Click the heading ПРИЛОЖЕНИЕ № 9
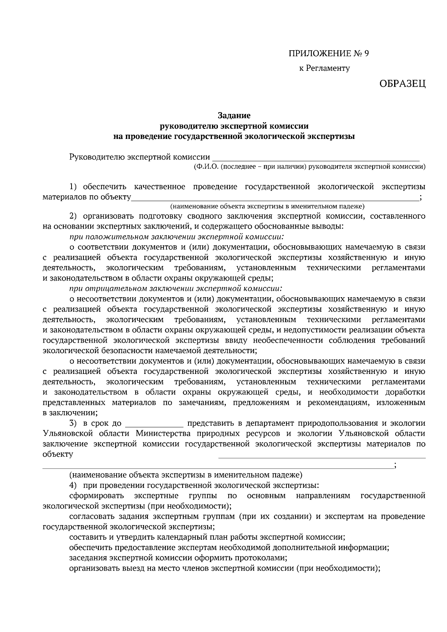click(329, 54)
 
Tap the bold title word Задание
click(234, 116)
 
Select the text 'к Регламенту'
click(325, 69)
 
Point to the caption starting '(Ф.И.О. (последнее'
click(309, 167)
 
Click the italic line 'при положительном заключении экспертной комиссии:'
click(177, 236)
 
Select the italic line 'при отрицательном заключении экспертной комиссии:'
click(176, 288)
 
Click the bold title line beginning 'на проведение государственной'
click(234, 136)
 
